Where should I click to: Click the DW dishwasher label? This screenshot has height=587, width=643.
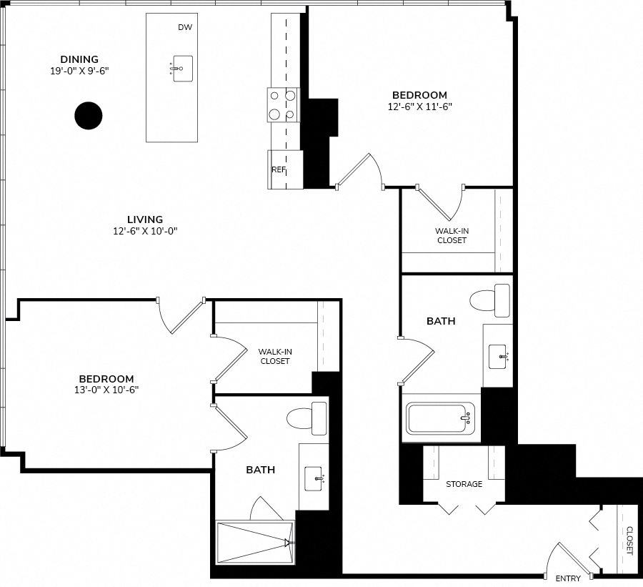[x=185, y=27]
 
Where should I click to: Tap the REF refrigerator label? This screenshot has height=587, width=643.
[x=279, y=169]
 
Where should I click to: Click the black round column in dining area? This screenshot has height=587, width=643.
[x=88, y=116]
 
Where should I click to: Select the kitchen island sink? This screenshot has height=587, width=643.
[x=181, y=69]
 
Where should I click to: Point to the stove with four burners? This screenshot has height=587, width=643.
[x=284, y=105]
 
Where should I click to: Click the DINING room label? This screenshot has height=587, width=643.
[x=79, y=59]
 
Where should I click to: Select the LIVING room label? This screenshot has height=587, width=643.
[x=145, y=219]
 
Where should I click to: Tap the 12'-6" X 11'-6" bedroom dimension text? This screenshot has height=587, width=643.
[x=420, y=107]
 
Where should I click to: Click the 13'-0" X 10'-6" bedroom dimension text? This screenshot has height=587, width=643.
[x=106, y=390]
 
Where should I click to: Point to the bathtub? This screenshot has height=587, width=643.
[x=440, y=418]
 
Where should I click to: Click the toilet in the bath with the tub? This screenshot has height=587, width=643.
[x=489, y=300]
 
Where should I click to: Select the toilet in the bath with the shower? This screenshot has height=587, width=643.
[x=306, y=418]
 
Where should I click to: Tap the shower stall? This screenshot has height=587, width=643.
[x=255, y=543]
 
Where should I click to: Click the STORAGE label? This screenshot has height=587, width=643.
[x=464, y=484]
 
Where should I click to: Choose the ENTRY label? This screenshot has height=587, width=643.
[x=568, y=579]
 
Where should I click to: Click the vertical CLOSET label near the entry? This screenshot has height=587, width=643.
[x=629, y=541]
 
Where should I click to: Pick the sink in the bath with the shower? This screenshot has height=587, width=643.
[x=314, y=478]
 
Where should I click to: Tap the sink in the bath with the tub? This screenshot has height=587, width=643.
[x=499, y=357]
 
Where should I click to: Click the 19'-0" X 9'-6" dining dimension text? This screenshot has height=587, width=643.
[x=79, y=71]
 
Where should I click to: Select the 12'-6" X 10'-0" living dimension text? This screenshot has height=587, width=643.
[x=145, y=231]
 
